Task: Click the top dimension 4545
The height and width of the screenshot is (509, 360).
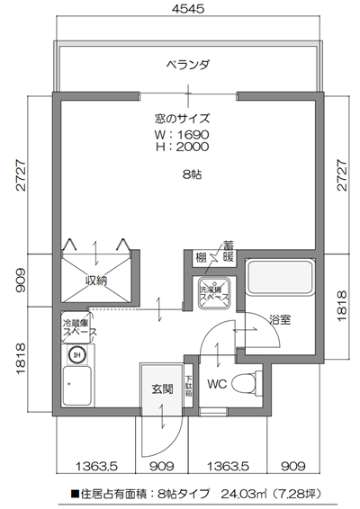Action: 188,10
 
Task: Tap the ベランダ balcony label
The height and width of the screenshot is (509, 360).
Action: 188,65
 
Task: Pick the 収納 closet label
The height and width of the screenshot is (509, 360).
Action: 96,281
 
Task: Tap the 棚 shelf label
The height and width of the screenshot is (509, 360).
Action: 202,257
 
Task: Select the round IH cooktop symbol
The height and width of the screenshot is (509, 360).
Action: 77,353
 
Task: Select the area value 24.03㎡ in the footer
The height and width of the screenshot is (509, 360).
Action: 247,493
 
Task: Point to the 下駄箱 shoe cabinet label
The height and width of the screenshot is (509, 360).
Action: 189,386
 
